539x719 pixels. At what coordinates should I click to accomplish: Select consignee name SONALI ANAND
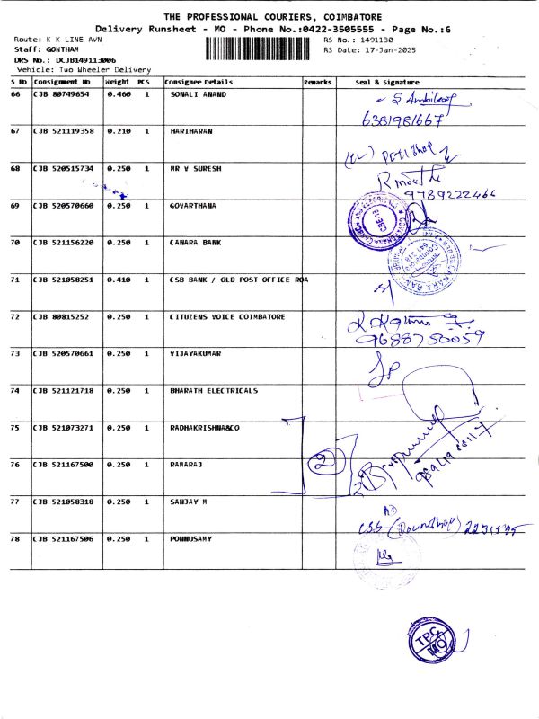click(x=199, y=94)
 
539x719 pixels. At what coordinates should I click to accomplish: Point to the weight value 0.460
click(x=119, y=94)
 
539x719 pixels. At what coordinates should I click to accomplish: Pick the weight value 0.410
click(x=119, y=280)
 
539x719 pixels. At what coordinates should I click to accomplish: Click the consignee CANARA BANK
click(x=195, y=243)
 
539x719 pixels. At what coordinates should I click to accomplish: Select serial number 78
click(x=15, y=538)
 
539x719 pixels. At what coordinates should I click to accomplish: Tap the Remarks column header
click(x=317, y=82)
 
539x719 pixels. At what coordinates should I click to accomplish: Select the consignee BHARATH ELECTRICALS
click(x=214, y=391)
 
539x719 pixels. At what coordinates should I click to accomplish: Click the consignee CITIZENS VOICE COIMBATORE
click(x=227, y=316)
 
